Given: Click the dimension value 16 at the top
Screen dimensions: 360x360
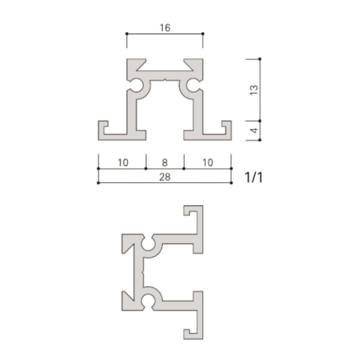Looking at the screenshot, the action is click(x=165, y=28).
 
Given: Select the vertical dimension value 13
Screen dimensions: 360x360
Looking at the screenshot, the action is click(x=254, y=90).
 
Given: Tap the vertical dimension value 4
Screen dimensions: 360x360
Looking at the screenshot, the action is click(x=254, y=130).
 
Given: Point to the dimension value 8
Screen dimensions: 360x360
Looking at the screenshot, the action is click(x=165, y=162).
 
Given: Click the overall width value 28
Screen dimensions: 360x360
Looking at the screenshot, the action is click(x=165, y=177).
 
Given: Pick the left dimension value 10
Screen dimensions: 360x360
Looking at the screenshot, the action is click(x=123, y=162).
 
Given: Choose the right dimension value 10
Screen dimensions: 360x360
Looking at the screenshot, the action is click(x=208, y=162).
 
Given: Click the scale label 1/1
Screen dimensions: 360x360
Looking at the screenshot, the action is click(x=253, y=177).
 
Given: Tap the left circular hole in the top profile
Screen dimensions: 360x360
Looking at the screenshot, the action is click(x=136, y=85).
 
